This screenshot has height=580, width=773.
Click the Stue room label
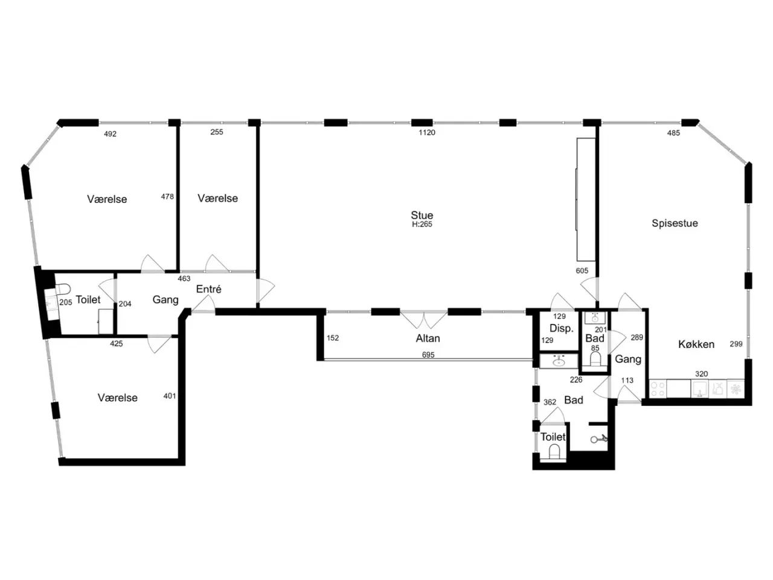tap(422, 215)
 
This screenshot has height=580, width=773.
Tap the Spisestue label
tap(675, 224)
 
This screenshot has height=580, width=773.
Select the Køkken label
tap(696, 344)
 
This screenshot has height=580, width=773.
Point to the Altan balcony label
tap(428, 338)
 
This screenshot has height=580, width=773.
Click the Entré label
tap(209, 289)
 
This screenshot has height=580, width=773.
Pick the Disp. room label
tap(562, 329)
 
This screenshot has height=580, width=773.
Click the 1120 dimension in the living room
tap(427, 132)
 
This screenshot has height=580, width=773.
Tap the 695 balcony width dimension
tap(428, 355)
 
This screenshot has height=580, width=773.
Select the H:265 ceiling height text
tap(422, 224)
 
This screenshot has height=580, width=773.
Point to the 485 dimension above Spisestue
tap(673, 133)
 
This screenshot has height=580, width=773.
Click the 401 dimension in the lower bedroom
tap(170, 396)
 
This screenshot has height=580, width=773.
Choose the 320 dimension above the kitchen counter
tap(702, 373)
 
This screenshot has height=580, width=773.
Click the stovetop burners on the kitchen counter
tap(658, 389)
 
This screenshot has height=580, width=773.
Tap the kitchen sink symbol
tap(700, 389)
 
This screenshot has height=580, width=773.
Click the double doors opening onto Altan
tap(424, 320)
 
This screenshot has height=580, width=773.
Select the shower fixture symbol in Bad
tap(598, 439)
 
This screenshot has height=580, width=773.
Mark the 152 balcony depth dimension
tap(332, 338)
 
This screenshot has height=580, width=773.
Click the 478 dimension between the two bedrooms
tap(167, 196)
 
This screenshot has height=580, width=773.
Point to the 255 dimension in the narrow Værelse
tap(217, 132)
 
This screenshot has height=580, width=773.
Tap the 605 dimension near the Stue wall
tap(582, 271)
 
